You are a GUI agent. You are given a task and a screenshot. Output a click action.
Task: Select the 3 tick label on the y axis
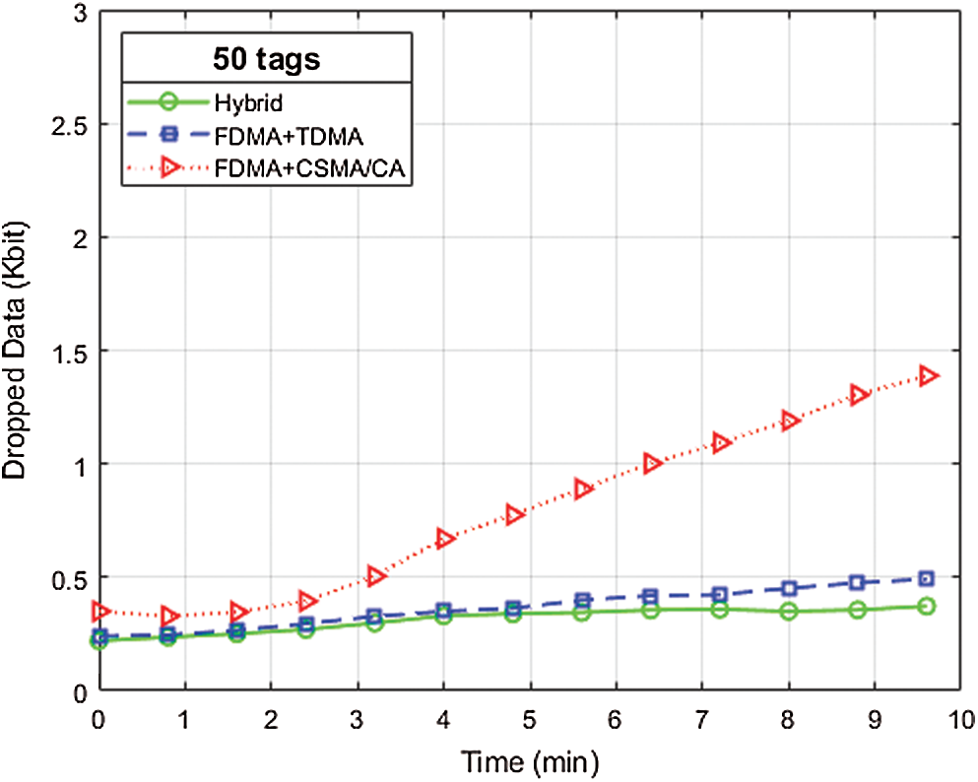pos(78,13)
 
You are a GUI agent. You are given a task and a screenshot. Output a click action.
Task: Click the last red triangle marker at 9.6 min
pos(928,375)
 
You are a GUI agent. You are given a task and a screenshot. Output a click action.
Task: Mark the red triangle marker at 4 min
pos(444,538)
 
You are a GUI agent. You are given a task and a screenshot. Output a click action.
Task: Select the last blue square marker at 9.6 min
pos(927,579)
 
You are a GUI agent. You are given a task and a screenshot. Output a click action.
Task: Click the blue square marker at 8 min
pos(789,588)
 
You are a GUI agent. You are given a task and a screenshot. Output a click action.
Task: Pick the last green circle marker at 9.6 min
pos(927,607)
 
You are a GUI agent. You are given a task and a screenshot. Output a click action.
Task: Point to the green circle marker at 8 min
pos(789,612)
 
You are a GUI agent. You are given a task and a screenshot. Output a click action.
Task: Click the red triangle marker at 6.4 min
pos(651,463)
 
